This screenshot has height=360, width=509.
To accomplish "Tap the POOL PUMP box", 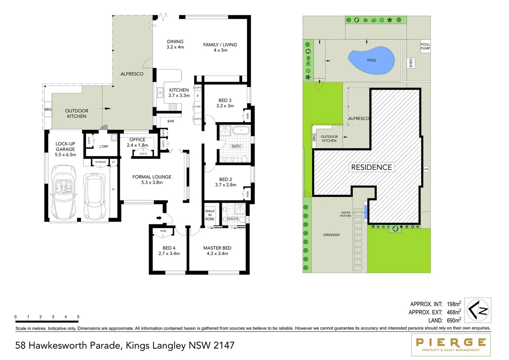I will pos(425,46).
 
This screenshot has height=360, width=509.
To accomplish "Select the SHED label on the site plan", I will pos(411,63).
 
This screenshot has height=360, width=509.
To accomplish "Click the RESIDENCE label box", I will pos(371,167).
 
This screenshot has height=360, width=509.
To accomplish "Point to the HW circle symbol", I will pos(426,169).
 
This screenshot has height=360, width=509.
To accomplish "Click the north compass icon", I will pos(478,310).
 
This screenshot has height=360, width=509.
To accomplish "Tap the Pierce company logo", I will pos(451,344).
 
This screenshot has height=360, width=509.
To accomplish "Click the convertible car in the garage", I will pos(63,192).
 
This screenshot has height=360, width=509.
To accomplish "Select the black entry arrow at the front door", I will pos(159,218).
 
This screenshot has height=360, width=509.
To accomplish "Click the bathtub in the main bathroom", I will pos(241,130).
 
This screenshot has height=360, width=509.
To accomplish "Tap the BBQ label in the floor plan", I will pos(48,109).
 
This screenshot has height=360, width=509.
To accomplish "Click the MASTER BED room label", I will pos(217,248).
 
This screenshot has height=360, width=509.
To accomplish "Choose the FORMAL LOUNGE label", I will pos(152,177).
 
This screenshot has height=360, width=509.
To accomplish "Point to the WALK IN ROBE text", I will pos(210,215).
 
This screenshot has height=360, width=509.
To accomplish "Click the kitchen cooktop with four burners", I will pos(173,107).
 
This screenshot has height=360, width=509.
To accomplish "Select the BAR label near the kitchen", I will pos(171,121).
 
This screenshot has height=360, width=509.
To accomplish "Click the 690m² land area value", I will pos(454,320).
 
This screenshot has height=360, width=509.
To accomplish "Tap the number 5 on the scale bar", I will pos(78,317).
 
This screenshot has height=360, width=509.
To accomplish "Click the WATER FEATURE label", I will pos(345,214).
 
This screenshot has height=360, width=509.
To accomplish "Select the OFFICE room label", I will pos(137,140).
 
